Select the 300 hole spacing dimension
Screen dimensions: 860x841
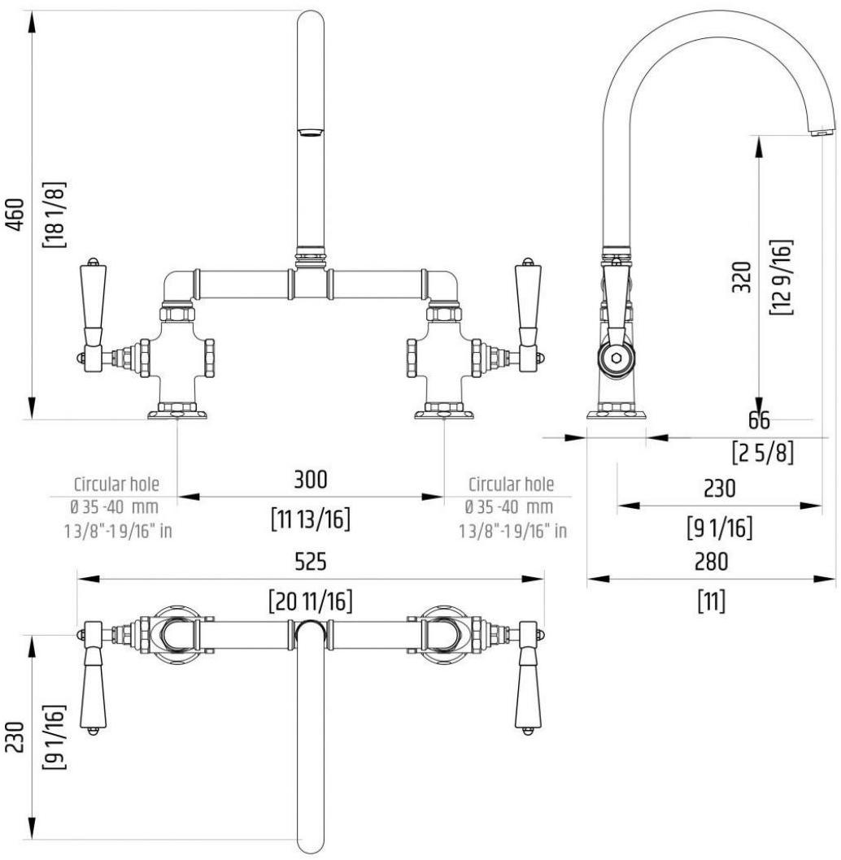tap(310, 480)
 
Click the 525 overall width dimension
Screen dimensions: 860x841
tap(310, 562)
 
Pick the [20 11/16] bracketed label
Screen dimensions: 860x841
tap(310, 602)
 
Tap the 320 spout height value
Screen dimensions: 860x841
tap(741, 277)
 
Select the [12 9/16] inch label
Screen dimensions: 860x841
tap(784, 277)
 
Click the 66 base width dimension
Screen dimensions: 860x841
tap(758, 421)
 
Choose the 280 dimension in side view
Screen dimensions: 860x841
tap(712, 562)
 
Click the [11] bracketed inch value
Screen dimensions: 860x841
tap(712, 602)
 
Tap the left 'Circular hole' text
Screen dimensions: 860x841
tap(116, 484)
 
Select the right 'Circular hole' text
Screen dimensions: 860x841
tap(511, 484)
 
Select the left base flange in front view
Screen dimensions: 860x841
tap(177, 413)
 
